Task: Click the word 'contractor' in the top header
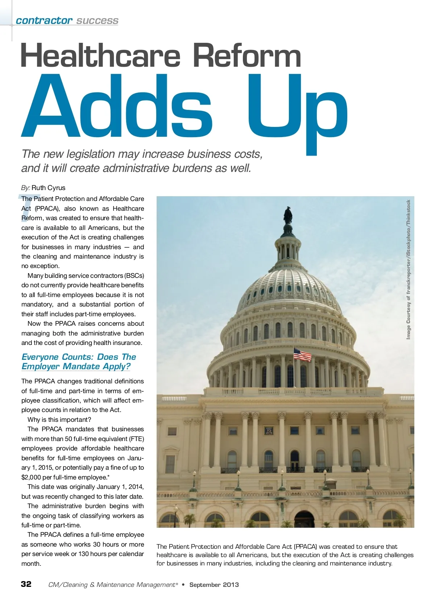coord(44,21)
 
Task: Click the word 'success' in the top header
coord(97,21)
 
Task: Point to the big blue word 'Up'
coord(297,109)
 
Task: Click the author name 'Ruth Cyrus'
coord(48,188)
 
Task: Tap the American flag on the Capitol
coord(302,354)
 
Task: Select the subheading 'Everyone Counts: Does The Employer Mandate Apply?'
coord(79,362)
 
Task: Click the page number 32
coord(26,584)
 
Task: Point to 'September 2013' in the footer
coord(214,585)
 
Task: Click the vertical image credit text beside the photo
coord(409,269)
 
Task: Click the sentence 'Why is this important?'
coord(59,420)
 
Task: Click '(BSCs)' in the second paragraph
coord(134,276)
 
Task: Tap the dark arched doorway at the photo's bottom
coord(304,519)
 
